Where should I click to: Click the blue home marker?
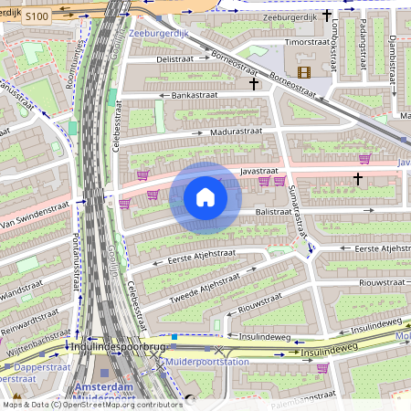pos(205,197)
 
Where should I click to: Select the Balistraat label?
pos(278,211)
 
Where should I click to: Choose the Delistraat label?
pos(175,58)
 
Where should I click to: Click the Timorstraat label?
pos(308,42)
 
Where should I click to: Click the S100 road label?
pos(37,16)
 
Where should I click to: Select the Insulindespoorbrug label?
pos(118,347)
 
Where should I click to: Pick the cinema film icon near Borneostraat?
pos(303,71)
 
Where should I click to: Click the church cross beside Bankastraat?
pos(255,84)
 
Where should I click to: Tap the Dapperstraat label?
pos(27,374)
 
